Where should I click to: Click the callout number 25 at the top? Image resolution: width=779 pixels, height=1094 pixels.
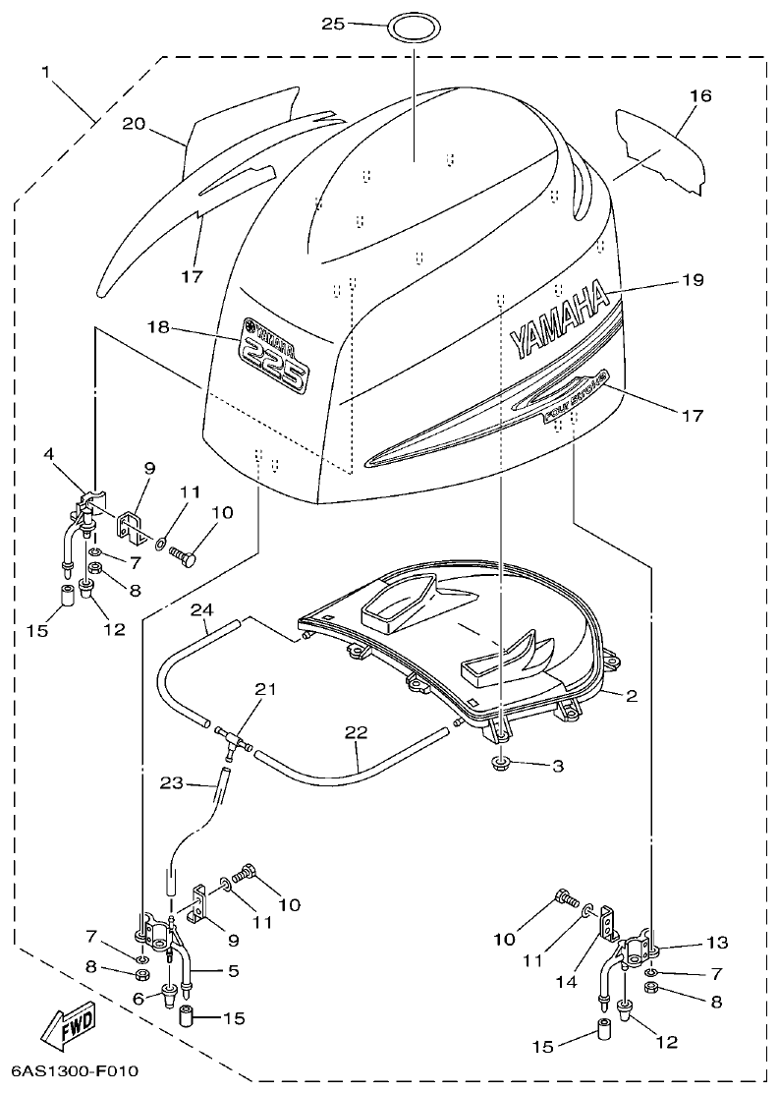click(x=333, y=23)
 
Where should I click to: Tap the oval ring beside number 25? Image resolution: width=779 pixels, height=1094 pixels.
click(x=413, y=26)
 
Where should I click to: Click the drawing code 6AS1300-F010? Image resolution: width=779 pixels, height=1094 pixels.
click(x=76, y=1070)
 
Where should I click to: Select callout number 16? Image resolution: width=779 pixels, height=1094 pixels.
click(x=699, y=96)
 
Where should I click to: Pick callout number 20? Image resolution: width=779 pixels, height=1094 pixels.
click(x=135, y=123)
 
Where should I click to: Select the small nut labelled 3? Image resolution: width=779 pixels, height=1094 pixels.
click(x=501, y=764)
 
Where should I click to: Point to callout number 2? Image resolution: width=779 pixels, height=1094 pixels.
click(x=632, y=696)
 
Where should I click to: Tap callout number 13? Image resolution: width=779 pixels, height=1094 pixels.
click(x=716, y=943)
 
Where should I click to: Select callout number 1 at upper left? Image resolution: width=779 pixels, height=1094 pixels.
click(x=44, y=71)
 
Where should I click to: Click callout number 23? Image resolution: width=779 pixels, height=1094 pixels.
click(x=173, y=782)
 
